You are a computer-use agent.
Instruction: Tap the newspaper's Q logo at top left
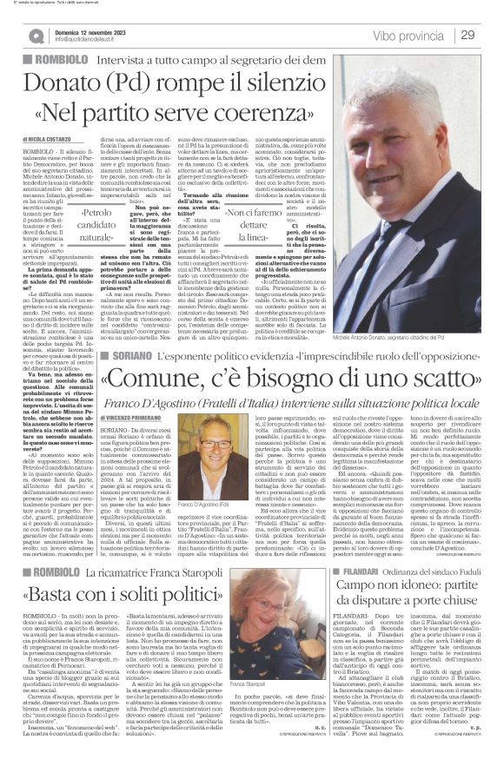click(36, 36)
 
